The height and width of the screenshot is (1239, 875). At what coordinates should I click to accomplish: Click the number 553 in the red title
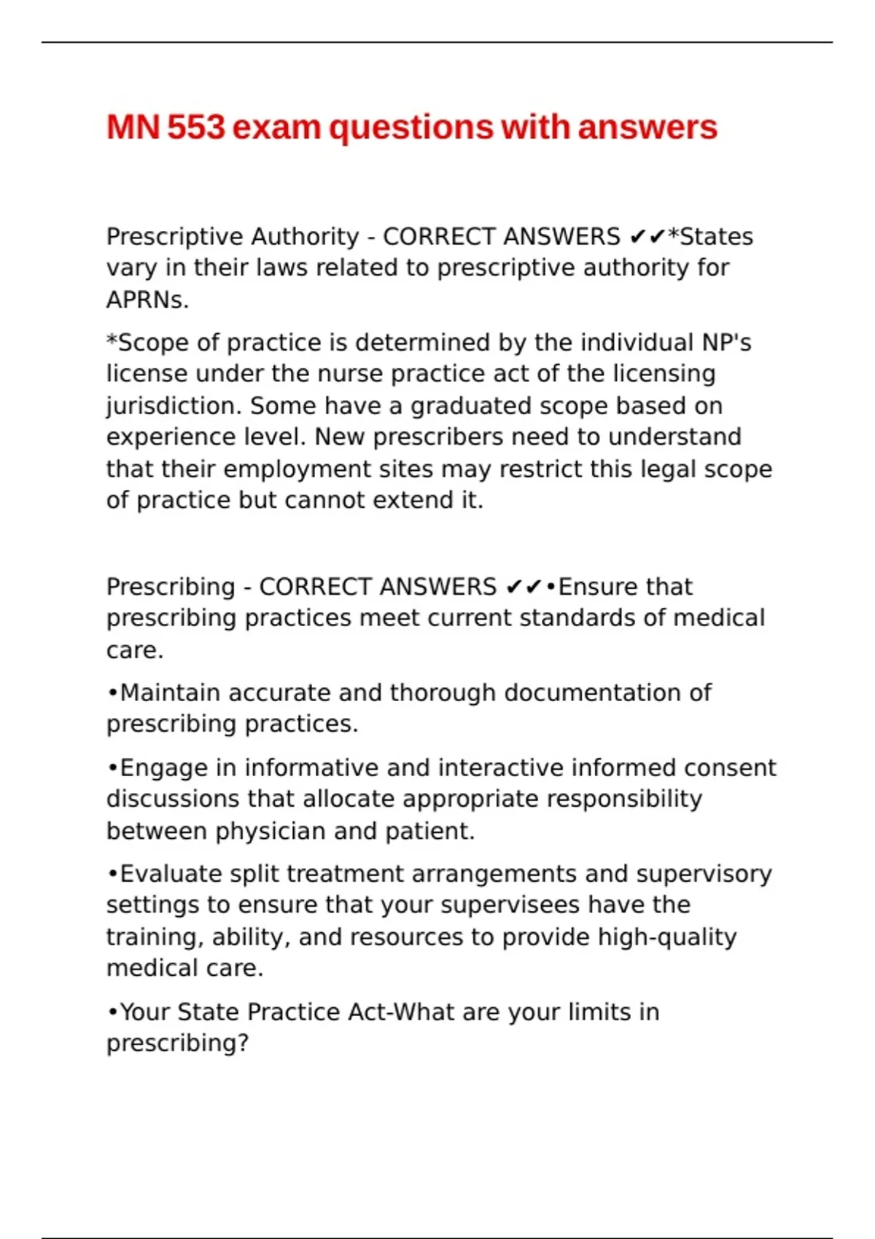pos(196,128)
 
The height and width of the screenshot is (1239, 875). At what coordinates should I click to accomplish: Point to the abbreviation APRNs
pos(147,300)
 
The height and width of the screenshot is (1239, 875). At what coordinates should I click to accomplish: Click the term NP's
pos(726,342)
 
